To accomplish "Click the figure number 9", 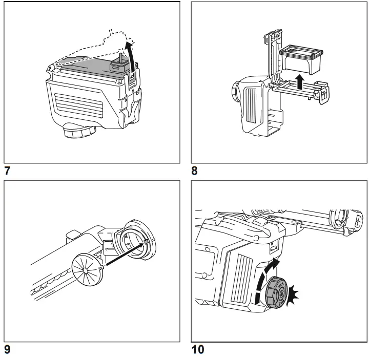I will point(8,351).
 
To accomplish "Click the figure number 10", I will point(197,351).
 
